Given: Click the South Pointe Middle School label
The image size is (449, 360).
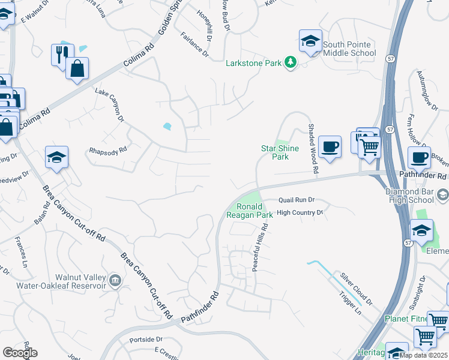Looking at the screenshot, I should coord(349,49).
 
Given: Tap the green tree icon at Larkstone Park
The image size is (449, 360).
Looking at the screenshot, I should coord(291,62).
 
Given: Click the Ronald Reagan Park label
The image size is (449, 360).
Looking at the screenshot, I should coord(250,210).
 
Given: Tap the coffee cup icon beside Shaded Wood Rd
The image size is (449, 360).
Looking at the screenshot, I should coord(330,146).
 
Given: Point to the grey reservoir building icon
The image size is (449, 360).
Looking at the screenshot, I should coord(115,279).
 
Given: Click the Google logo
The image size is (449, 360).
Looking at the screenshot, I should coord(20,353).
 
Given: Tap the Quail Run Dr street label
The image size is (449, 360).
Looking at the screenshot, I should coord(297,200).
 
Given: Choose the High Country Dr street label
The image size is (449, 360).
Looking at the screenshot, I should coord(300,212).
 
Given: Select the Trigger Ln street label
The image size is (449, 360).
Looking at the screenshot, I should coord(351,302).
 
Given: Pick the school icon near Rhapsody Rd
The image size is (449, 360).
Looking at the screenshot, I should coord(56,158).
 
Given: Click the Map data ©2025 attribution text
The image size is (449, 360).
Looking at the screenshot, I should coord(424,355).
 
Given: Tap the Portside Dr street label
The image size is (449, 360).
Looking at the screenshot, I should coord(146,340).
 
